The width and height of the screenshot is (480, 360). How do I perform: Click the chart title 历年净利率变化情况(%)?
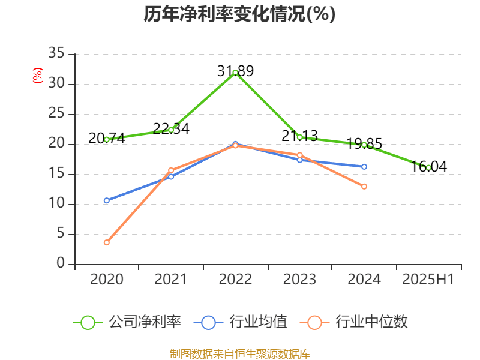[239, 14]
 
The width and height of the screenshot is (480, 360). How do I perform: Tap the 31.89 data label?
[235, 71]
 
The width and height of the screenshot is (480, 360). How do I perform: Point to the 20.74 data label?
[107, 139]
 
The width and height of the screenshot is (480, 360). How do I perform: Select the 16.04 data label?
[429, 167]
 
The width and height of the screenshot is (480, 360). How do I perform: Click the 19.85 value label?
[364, 144]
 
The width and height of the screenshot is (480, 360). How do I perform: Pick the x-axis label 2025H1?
[428, 279]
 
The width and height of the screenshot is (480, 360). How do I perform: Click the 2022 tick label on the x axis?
[235, 279]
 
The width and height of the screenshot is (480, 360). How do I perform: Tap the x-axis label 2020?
[107, 279]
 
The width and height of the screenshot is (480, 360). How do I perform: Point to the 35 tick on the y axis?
[56, 55]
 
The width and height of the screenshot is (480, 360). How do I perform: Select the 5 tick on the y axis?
[61, 235]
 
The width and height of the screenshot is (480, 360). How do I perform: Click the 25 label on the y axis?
[56, 115]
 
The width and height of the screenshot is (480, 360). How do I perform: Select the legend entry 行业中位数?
[358, 322]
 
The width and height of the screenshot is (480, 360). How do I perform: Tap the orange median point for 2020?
[107, 242]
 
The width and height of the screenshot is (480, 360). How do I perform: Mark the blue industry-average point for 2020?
[107, 200]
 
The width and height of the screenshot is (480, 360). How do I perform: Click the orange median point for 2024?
[364, 187]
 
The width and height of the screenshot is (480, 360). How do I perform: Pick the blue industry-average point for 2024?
[364, 167]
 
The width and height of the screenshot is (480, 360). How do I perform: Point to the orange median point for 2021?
[171, 170]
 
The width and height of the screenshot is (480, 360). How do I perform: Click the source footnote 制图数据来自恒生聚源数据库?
[239, 353]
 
